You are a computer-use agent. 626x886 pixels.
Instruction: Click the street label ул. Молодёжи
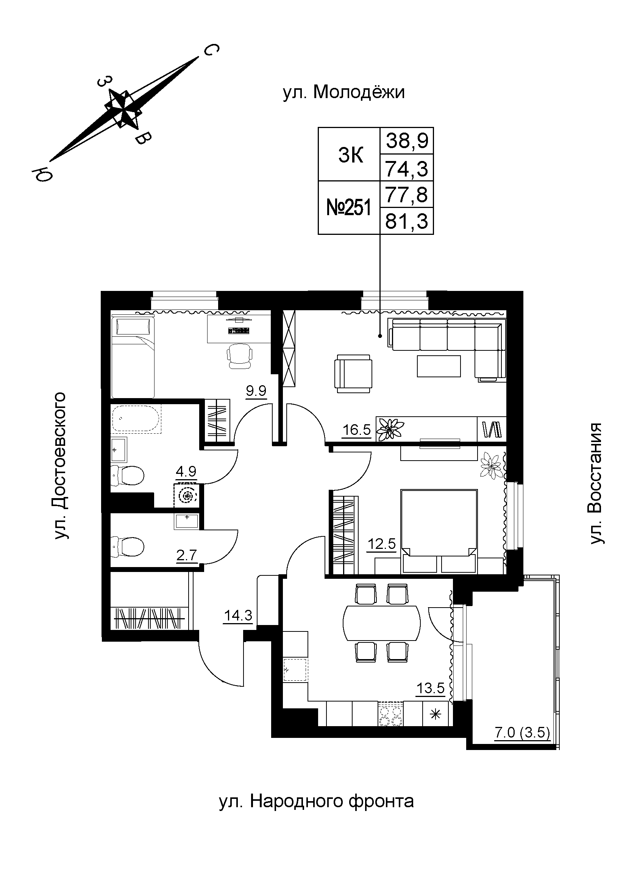(343, 92)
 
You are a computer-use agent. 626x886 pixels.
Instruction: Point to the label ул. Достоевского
(60, 466)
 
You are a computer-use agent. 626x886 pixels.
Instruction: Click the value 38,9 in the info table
(407, 141)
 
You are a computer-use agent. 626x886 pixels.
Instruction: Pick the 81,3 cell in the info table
(407, 222)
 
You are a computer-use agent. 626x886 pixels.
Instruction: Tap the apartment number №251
(349, 208)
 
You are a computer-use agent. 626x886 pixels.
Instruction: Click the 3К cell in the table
(351, 156)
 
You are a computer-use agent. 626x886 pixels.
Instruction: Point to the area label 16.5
(357, 430)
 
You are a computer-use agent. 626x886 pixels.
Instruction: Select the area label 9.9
(256, 392)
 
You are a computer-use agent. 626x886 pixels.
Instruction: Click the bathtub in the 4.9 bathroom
(136, 418)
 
